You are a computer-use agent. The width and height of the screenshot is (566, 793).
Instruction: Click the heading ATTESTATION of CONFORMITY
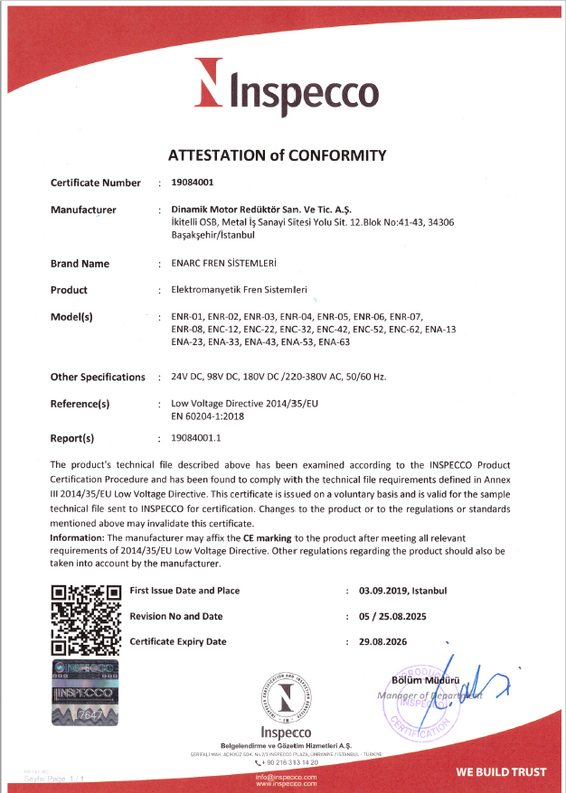tap(278, 154)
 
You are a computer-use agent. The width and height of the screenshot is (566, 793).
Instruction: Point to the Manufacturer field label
tap(83, 210)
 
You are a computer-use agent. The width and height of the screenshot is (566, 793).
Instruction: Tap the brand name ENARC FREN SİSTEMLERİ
tap(222, 264)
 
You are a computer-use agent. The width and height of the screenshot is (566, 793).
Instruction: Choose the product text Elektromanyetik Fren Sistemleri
tap(239, 290)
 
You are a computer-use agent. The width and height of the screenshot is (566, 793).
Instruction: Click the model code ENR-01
tap(184, 317)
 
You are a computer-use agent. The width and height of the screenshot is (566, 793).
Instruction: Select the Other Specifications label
tap(98, 377)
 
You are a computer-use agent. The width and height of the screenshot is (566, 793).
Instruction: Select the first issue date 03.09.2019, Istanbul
tap(402, 591)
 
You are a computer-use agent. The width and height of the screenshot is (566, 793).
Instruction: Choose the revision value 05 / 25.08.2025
tap(403, 616)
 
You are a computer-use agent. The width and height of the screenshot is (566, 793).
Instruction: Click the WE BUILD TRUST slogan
tap(501, 772)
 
